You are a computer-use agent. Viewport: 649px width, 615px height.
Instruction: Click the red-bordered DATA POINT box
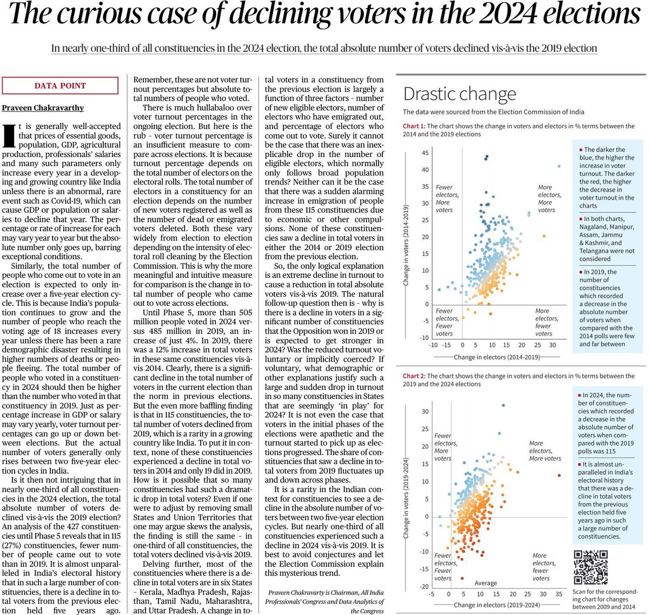[60, 86]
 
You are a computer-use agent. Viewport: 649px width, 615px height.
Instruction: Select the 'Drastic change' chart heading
[460, 94]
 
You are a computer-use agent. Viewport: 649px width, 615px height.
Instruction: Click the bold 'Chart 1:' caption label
[415, 126]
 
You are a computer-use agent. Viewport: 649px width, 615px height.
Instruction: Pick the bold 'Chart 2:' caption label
[415, 376]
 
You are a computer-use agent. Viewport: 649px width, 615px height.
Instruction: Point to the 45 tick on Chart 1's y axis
[425, 153]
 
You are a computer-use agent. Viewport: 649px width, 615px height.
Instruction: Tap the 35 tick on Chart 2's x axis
[559, 594]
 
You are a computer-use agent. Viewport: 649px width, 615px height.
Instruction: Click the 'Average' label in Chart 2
[486, 583]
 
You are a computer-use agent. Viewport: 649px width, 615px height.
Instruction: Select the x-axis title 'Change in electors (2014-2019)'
[496, 357]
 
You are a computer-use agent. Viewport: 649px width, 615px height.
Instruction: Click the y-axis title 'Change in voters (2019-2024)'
[406, 498]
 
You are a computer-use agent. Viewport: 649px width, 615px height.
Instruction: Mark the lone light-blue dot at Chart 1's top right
[559, 166]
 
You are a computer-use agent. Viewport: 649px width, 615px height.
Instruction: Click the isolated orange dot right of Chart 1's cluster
[544, 235]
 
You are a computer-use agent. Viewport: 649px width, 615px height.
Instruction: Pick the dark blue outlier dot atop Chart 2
[504, 405]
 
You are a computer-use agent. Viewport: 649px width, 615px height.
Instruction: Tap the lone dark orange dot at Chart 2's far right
[559, 475]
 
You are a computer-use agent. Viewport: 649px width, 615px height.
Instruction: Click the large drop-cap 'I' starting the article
[8, 135]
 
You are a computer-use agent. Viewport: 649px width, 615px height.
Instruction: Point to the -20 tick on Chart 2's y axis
[424, 586]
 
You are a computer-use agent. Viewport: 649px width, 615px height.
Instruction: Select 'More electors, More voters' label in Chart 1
[549, 199]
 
